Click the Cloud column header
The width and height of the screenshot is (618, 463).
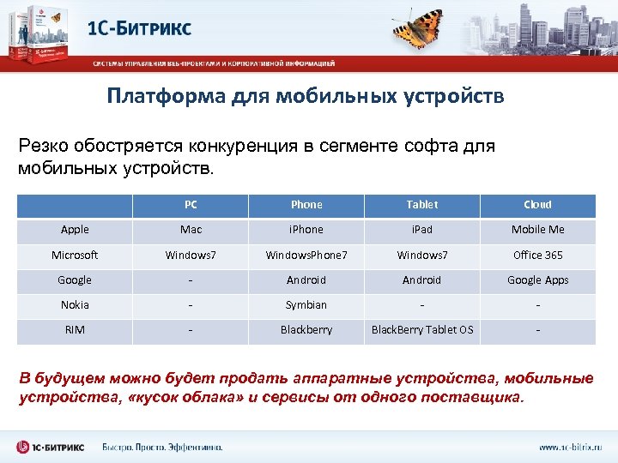click(537, 205)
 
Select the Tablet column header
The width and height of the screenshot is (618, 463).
click(421, 205)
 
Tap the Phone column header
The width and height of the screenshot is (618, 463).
click(306, 205)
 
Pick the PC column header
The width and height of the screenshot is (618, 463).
click(191, 205)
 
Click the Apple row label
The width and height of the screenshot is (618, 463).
click(75, 230)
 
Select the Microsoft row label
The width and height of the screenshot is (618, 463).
click(75, 255)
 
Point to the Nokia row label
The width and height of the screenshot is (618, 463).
click(75, 305)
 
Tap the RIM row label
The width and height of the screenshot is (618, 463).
click(75, 330)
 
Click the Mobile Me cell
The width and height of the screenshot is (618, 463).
click(537, 230)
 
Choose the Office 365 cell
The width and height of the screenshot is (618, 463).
click(537, 255)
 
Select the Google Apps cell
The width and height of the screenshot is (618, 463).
click(537, 280)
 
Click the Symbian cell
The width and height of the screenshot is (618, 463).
click(306, 305)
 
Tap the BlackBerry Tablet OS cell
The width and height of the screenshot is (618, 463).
click(421, 330)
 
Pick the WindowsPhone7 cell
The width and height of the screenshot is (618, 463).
click(306, 255)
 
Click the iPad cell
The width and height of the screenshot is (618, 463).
click(421, 230)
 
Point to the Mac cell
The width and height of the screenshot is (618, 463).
click(191, 230)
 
